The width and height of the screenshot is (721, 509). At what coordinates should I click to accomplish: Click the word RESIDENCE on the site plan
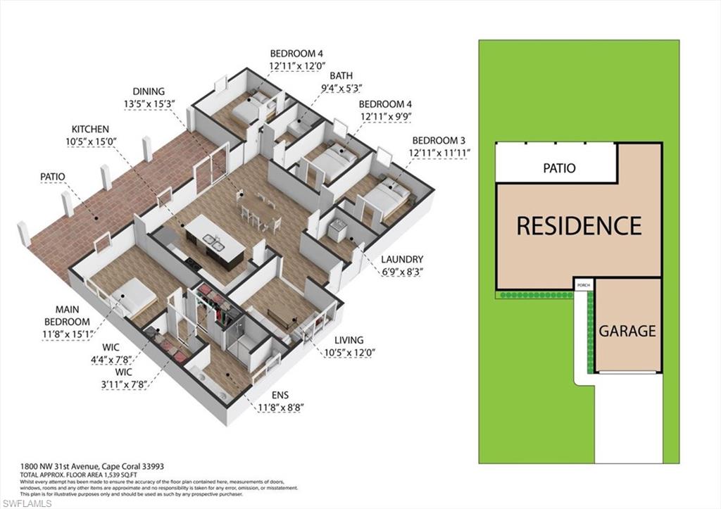[x=579, y=225]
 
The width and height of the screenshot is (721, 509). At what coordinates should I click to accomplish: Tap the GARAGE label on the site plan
[x=627, y=331]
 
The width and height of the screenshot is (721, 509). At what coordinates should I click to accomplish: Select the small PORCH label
[x=584, y=285]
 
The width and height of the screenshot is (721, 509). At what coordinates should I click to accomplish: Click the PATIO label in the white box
[x=559, y=168]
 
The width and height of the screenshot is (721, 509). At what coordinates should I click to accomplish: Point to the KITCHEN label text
[x=90, y=130]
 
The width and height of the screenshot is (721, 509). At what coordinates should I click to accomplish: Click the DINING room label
[x=148, y=92]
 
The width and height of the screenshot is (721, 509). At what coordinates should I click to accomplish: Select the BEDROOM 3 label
[x=439, y=140]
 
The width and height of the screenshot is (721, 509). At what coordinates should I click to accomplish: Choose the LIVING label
[x=350, y=340]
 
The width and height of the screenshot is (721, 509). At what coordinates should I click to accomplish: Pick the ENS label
[x=280, y=395]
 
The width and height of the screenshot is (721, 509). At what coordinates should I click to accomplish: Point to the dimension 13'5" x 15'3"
[x=148, y=103]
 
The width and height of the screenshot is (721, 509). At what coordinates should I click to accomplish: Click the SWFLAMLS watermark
[x=26, y=503]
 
